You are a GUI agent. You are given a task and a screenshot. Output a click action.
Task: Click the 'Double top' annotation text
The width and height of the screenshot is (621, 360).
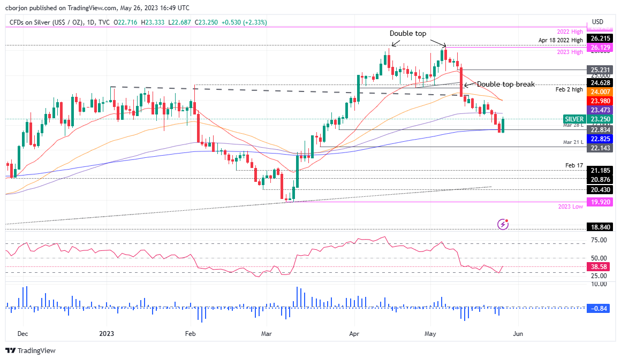(x=408, y=33)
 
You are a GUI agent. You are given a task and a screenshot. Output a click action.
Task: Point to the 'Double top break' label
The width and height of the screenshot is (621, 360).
(x=505, y=85)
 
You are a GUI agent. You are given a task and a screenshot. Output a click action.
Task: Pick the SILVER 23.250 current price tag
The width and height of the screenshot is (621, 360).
(x=588, y=119)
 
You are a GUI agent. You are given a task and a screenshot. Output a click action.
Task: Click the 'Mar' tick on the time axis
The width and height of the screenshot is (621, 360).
(x=267, y=333)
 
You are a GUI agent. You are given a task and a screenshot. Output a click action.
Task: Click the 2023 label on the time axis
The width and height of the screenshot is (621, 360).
(x=107, y=333)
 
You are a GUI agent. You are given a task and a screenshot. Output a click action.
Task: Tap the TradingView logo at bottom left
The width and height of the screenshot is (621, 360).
(x=31, y=350)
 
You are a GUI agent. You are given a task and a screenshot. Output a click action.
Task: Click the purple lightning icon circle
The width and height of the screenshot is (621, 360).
(x=502, y=224)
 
